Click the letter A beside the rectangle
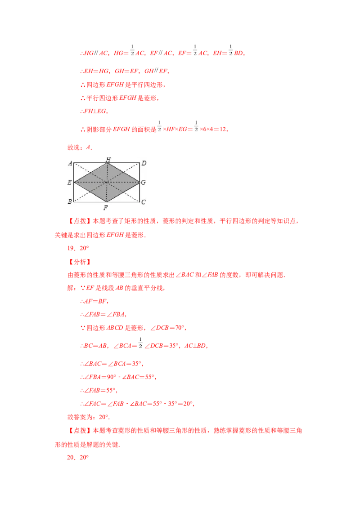pos(70,163)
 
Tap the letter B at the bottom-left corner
pos(69,202)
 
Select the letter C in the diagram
pos(144,202)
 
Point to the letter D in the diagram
pos(144,163)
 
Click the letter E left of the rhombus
pos(69,183)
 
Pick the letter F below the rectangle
pos(105,207)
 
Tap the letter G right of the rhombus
pos(144,183)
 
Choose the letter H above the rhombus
pos(108,159)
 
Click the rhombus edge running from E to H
pos(90,173)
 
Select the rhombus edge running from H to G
pos(124,173)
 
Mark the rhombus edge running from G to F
pos(124,192)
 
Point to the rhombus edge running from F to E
pos(90,192)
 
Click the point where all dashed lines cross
pos(107,182)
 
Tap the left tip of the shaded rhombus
pos(74,182)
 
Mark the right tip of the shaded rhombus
pos(140,182)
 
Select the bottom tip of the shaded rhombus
pos(107,201)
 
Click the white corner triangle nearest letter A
pos(83,168)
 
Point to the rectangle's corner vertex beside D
pos(140,163)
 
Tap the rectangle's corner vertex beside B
pos(74,201)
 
